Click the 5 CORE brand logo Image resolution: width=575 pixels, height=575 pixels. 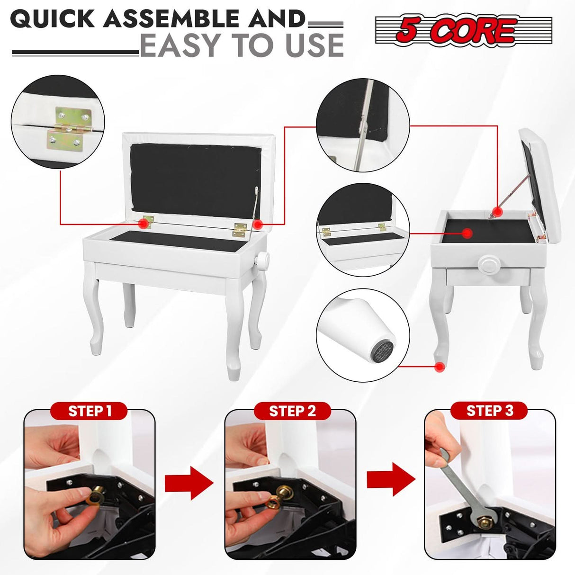pos(463,30)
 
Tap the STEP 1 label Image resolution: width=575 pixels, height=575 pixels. pos(90,411)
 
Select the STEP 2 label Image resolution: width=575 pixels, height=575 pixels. pos(292,411)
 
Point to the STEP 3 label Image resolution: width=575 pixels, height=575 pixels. pos(490,411)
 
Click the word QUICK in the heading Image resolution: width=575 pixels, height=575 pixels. pos(53,18)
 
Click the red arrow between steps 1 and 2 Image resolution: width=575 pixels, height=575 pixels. pos(189,484)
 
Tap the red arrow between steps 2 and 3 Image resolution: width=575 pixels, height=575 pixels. pos(391,479)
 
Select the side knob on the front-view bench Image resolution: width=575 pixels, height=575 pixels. pos(262,260)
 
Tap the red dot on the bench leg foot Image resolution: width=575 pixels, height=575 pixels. pos(439,367)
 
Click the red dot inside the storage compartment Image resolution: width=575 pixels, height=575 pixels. pos(467,233)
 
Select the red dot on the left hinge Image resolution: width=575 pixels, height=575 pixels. pos(144,223)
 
